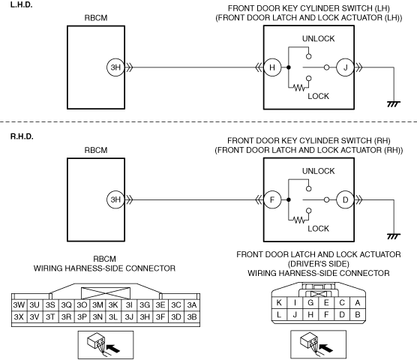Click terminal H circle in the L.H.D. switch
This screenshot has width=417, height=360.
(272, 67)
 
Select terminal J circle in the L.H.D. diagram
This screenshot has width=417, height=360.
(345, 67)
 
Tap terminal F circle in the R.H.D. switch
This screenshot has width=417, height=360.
(272, 199)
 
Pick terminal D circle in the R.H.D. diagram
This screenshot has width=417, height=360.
(345, 199)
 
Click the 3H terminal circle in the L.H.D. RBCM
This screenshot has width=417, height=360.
(115, 67)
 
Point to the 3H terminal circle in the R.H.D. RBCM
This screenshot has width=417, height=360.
(115, 199)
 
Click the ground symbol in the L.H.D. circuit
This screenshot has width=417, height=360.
(394, 103)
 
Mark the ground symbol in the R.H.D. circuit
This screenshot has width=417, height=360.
(394, 236)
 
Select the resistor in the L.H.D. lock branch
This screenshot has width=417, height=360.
(299, 88)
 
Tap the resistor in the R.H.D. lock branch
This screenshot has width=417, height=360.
(299, 220)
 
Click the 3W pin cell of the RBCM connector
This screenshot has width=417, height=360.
(19, 305)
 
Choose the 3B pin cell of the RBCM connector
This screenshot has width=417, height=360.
(192, 317)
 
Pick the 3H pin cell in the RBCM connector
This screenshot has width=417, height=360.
(145, 317)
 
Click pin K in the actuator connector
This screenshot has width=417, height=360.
(279, 303)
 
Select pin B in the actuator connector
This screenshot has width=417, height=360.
(358, 315)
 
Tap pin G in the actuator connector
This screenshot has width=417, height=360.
(310, 303)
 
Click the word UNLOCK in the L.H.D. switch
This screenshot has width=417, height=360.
(318, 39)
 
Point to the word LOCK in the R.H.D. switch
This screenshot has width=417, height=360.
(318, 229)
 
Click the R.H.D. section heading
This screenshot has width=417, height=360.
(22, 136)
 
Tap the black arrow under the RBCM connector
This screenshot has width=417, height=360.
(113, 348)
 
